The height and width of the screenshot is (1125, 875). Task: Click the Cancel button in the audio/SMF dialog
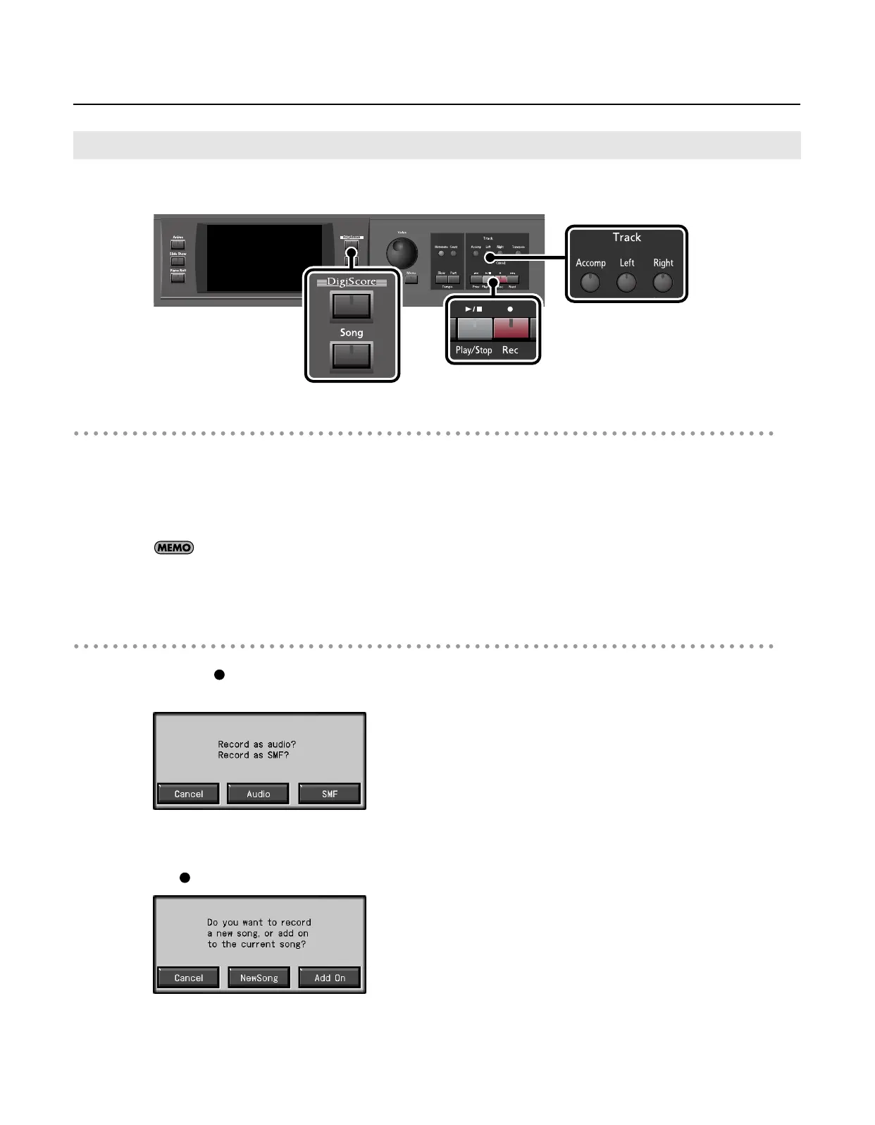click(x=188, y=794)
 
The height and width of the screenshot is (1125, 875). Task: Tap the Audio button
click(x=259, y=794)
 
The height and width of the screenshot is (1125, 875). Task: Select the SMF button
click(x=330, y=794)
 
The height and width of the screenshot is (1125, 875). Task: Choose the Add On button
click(x=330, y=978)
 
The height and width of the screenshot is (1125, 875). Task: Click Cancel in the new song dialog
click(x=188, y=978)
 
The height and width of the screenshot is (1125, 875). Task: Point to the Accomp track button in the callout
click(x=590, y=283)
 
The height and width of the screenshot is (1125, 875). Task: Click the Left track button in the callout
click(x=626, y=283)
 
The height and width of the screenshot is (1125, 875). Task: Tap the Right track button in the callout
click(x=662, y=283)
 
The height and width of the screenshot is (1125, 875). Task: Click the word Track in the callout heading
click(x=626, y=238)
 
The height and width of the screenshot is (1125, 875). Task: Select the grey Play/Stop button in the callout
click(x=474, y=329)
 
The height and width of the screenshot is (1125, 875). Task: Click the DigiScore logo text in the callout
click(x=352, y=282)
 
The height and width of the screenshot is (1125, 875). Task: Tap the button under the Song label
click(x=352, y=356)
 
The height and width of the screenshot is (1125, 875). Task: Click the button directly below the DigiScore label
click(x=352, y=306)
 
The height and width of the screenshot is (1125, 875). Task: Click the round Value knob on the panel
click(x=402, y=251)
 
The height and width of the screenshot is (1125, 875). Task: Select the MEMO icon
click(x=174, y=548)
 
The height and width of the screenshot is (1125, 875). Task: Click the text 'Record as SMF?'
click(x=254, y=755)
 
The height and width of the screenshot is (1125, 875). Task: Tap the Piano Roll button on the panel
click(x=178, y=278)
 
